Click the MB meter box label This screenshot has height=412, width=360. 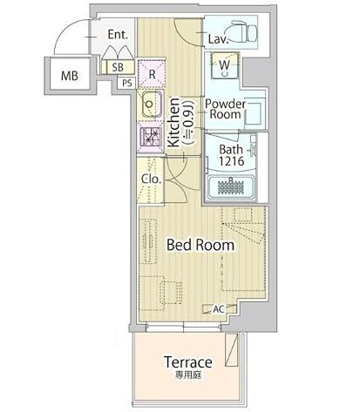tap(70, 76)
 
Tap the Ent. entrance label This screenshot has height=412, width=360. tap(118, 35)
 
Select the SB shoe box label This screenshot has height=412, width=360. tap(118, 67)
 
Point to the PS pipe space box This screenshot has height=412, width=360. tap(127, 84)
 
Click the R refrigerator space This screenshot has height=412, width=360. tap(152, 74)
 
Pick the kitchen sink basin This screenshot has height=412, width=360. tap(151, 104)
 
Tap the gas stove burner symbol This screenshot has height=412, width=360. tap(151, 137)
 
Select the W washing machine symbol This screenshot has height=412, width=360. tap(225, 65)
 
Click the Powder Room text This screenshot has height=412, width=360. tap(226, 109)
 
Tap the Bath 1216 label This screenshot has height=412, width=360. tap(231, 155)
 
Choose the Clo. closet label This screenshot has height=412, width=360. tap(151, 179)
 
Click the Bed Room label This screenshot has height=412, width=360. tap(200, 245)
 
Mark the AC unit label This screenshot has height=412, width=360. tap(219, 309)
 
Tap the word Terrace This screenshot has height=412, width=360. tap(188, 362)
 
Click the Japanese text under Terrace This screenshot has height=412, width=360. tap(188, 375)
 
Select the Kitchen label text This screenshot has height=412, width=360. tap(173, 122)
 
